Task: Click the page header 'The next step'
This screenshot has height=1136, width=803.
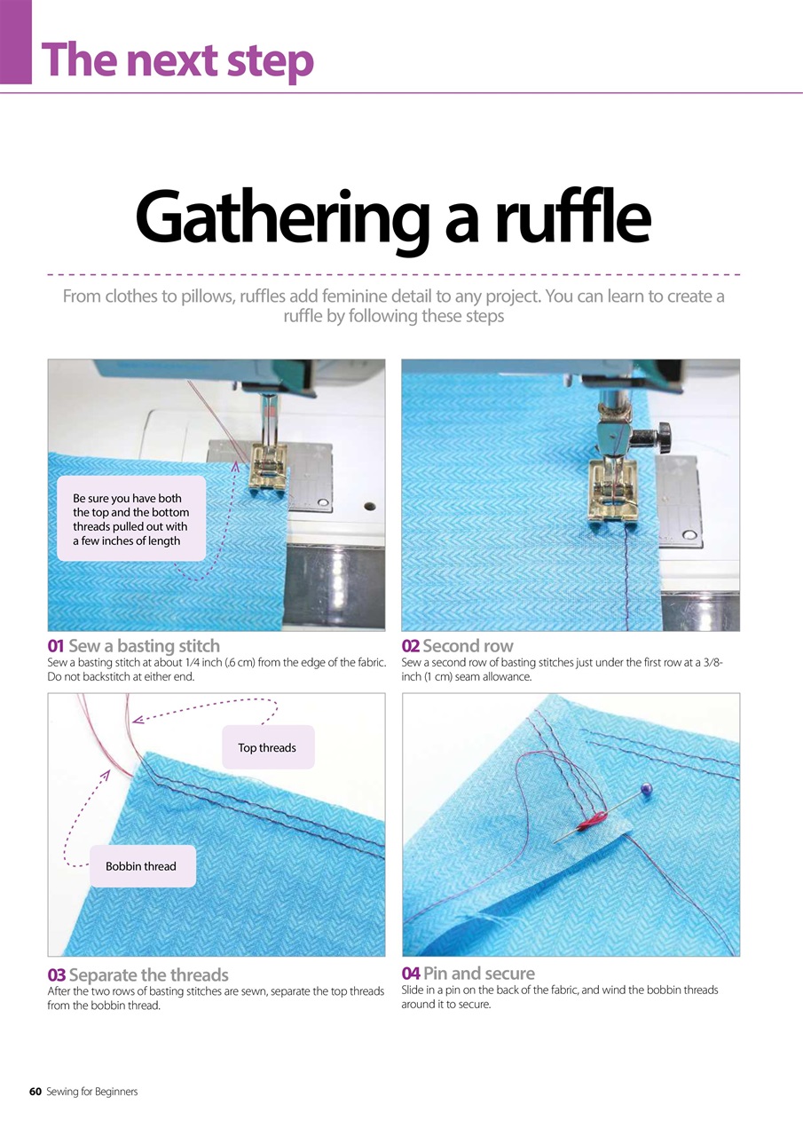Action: (177, 59)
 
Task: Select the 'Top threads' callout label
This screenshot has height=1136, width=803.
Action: (267, 747)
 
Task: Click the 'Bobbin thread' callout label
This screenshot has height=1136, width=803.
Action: (141, 866)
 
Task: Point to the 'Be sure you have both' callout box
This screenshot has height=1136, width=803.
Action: (130, 519)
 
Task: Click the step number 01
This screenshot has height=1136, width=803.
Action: (56, 646)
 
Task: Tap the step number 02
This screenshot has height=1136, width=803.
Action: (411, 646)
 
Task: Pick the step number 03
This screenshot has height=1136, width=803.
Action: (57, 975)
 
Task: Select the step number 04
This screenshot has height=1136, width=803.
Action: (411, 974)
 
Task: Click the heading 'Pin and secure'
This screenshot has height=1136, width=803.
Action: (479, 974)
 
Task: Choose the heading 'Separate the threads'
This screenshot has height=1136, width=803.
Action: (148, 975)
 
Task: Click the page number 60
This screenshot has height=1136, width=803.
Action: (35, 1091)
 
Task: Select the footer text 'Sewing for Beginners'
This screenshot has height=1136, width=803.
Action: (92, 1091)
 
